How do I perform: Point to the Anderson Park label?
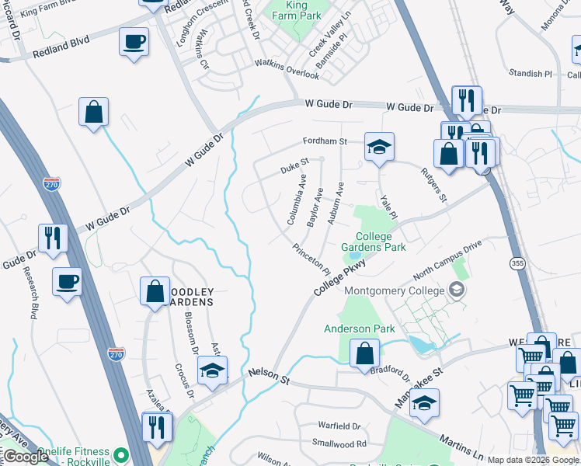pos(360,329)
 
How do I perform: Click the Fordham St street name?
pos(324,141)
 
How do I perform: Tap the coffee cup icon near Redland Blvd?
pos(134,41)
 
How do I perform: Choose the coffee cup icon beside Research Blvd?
pos(68,281)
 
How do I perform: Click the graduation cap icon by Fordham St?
pos(379,148)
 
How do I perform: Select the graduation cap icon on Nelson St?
pos(212,371)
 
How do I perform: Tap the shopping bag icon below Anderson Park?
pos(365,354)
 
